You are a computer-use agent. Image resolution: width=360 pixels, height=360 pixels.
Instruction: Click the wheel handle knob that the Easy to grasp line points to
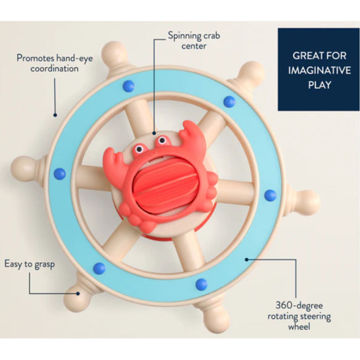click(x=79, y=290)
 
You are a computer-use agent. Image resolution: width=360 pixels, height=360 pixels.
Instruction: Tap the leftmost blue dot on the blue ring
click(x=59, y=173)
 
